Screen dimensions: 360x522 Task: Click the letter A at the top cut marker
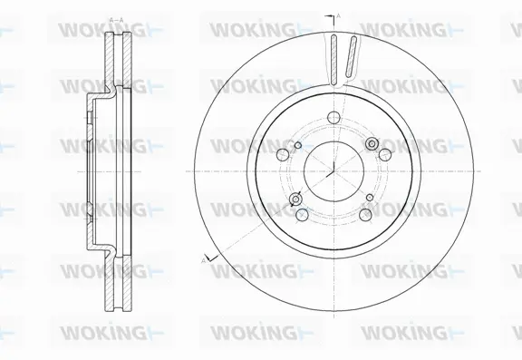click(x=338, y=15)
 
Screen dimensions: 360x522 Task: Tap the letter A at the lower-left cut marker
click(x=204, y=259)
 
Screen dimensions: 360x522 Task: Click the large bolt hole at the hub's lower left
click(x=300, y=214)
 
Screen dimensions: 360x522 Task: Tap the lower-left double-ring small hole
click(x=294, y=201)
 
